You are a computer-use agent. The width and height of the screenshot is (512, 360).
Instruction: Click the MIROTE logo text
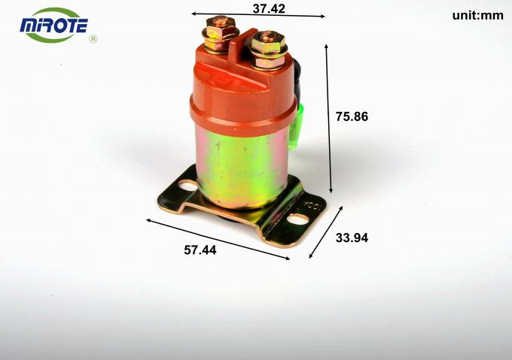pyautogui.click(x=53, y=27)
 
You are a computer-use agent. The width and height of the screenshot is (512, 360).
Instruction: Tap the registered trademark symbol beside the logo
pyautogui.click(x=93, y=38)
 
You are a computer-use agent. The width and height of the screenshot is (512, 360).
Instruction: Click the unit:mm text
pyautogui.click(x=477, y=15)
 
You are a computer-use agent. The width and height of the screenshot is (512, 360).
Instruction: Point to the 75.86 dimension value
pyautogui.click(x=352, y=116)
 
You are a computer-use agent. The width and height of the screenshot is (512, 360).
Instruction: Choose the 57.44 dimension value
pyautogui.click(x=200, y=250)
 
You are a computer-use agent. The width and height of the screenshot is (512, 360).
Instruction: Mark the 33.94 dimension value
pyautogui.click(x=351, y=238)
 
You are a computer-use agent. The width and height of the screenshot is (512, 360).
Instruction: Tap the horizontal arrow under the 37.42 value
pyautogui.click(x=258, y=15)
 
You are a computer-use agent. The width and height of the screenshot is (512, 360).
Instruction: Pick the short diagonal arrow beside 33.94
pyautogui.click(x=326, y=231)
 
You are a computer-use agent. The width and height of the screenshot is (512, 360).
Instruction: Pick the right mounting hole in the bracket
pyautogui.click(x=299, y=219)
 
